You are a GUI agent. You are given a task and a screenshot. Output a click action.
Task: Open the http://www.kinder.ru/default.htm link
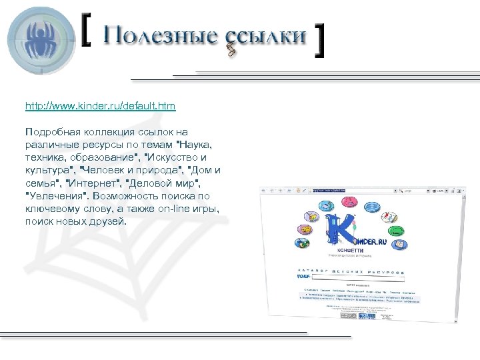tap(100, 106)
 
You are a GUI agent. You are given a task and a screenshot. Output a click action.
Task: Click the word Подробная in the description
tap(55, 132)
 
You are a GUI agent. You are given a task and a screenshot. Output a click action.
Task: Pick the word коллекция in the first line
tap(114, 132)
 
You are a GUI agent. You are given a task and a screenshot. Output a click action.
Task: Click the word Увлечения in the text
tap(57, 196)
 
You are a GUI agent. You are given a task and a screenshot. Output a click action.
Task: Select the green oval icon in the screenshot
tap(396, 231)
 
